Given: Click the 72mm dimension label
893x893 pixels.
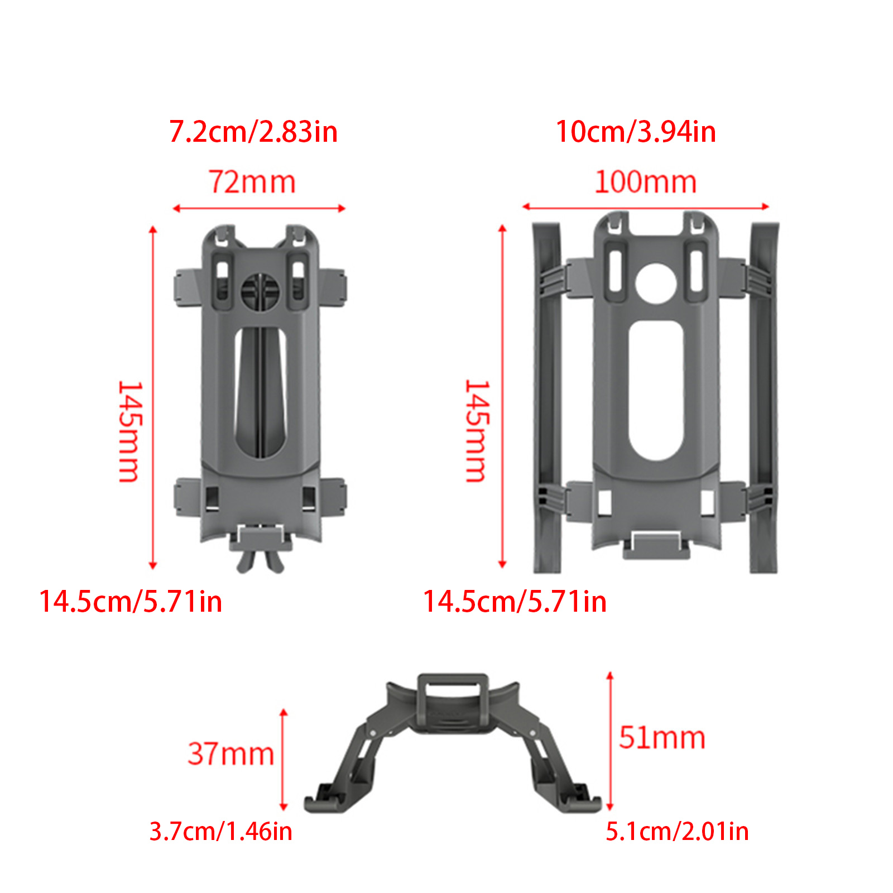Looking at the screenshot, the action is coord(252,182).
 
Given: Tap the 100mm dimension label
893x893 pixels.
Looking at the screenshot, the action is coord(646,182).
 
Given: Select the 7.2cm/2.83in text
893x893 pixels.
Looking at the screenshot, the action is coord(253,132).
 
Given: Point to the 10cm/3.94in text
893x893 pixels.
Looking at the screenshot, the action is coord(636,132).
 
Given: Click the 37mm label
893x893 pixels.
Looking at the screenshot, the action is coord(231,753).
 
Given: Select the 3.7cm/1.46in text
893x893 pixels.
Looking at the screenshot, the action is coord(221,831).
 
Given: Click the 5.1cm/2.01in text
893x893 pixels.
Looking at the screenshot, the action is coord(677,831).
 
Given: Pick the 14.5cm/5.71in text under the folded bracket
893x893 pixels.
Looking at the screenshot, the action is coord(131,602).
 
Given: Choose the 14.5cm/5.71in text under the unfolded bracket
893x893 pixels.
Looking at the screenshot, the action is coord(515,602).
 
